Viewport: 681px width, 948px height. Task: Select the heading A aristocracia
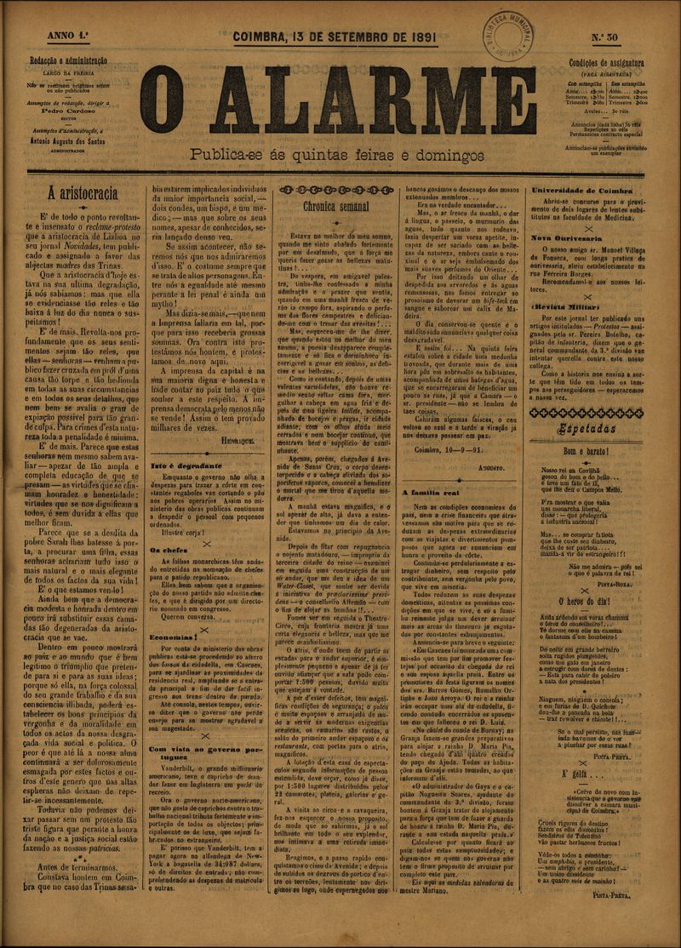(x=83, y=192)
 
